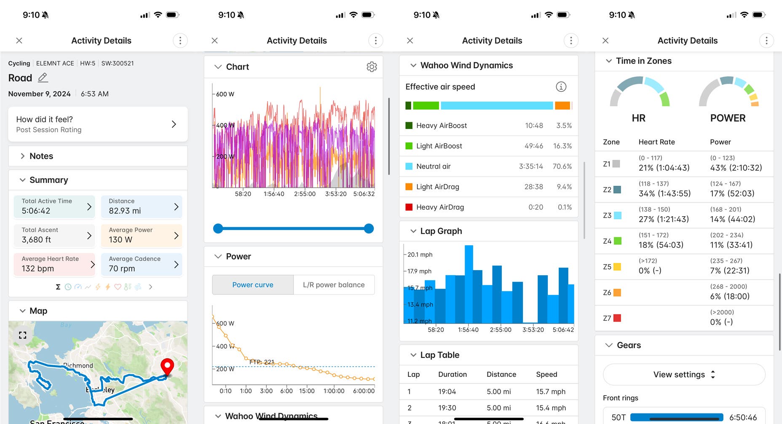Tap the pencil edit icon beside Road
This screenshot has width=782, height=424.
(43, 78)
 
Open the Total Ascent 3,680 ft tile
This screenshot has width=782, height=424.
(54, 235)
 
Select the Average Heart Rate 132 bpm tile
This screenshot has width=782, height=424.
(54, 264)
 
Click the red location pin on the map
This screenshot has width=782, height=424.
(167, 366)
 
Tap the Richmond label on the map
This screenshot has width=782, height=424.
(78, 365)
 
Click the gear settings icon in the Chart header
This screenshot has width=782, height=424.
(372, 67)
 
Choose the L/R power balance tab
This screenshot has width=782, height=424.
(334, 285)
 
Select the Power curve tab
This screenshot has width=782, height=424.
(253, 285)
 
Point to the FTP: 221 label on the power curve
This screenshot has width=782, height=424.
(262, 362)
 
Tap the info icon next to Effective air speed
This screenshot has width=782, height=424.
(561, 87)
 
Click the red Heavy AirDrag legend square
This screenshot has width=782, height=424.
(409, 207)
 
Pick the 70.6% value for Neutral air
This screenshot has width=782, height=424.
(562, 166)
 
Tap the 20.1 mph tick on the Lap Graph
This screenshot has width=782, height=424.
(420, 255)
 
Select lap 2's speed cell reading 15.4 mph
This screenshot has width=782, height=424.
(551, 408)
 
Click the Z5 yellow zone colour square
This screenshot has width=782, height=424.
(617, 267)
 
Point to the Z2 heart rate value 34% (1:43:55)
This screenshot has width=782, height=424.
(664, 193)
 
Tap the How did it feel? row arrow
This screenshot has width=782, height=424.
(174, 124)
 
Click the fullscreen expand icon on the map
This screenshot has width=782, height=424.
(23, 335)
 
